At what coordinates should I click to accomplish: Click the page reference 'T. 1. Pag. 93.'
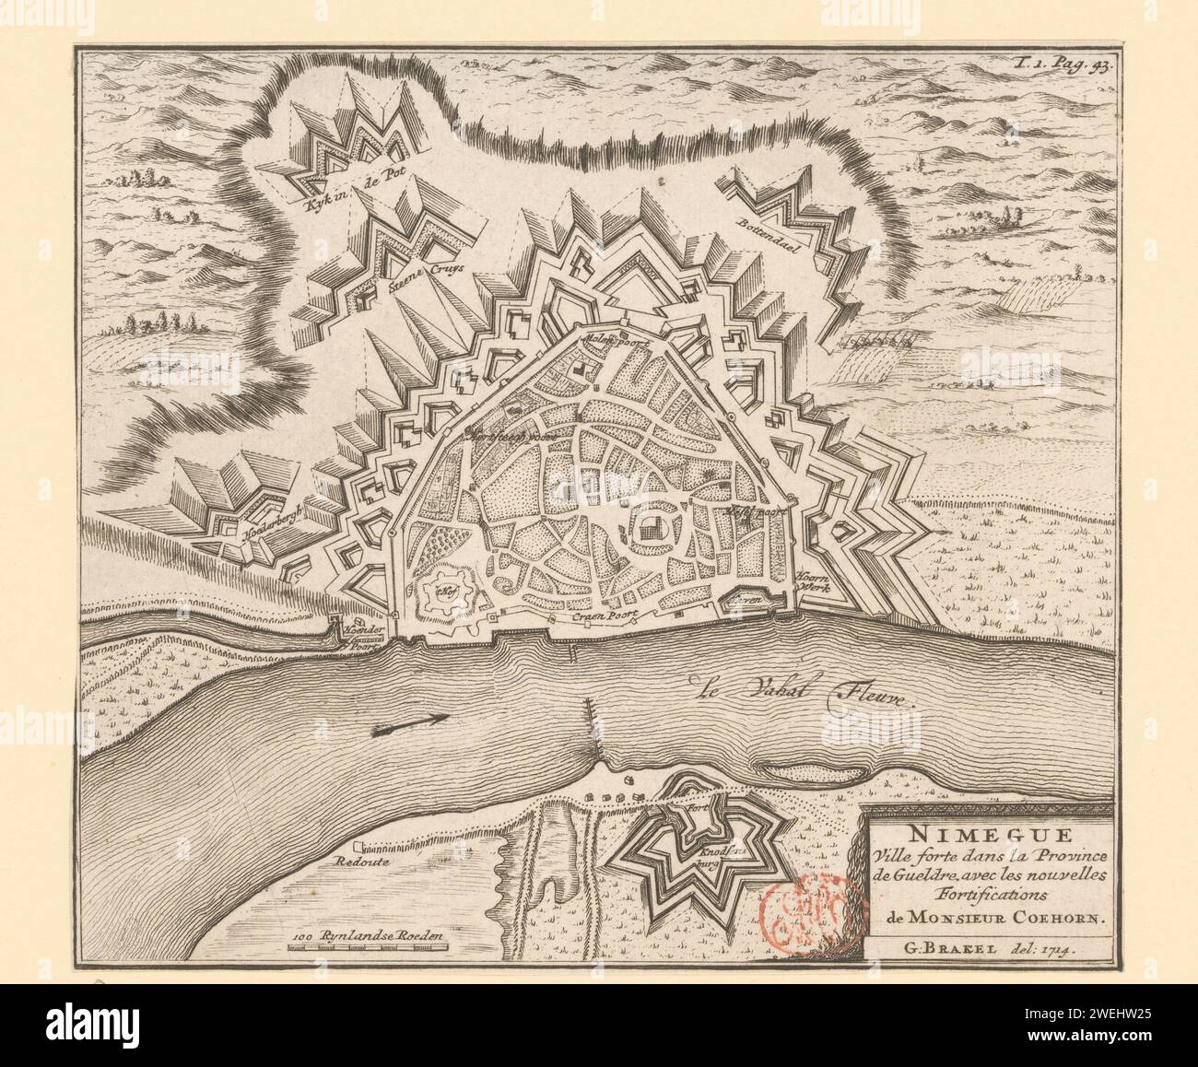pyautogui.click(x=1062, y=64)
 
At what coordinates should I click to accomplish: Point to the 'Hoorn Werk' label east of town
pyautogui.click(x=813, y=579)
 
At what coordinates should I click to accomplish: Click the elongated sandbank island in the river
pyautogui.click(x=794, y=768)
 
